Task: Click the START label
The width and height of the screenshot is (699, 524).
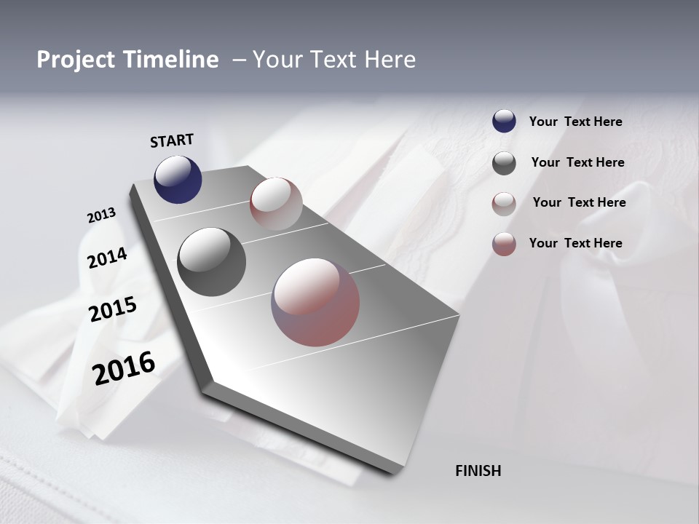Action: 172,140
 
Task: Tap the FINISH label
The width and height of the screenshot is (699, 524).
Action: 478,471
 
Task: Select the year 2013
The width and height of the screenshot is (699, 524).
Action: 101,215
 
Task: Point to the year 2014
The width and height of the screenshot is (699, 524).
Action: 107,258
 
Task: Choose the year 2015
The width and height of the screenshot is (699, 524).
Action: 113,309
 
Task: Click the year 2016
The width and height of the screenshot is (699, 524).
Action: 124,368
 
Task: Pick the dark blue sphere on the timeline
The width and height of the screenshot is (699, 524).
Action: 178,179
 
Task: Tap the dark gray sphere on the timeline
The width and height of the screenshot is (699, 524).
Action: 211,262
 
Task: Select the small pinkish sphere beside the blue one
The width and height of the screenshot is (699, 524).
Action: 276,203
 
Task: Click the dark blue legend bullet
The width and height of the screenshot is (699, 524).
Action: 504,122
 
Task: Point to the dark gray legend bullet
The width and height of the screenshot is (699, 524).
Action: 504,163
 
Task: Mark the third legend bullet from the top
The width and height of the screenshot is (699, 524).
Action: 504,204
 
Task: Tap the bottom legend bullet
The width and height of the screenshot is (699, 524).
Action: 504,244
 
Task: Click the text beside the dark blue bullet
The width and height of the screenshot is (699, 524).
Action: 575,122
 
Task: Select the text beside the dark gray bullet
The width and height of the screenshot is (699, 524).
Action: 577,162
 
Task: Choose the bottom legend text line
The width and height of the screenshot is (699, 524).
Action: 575,243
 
